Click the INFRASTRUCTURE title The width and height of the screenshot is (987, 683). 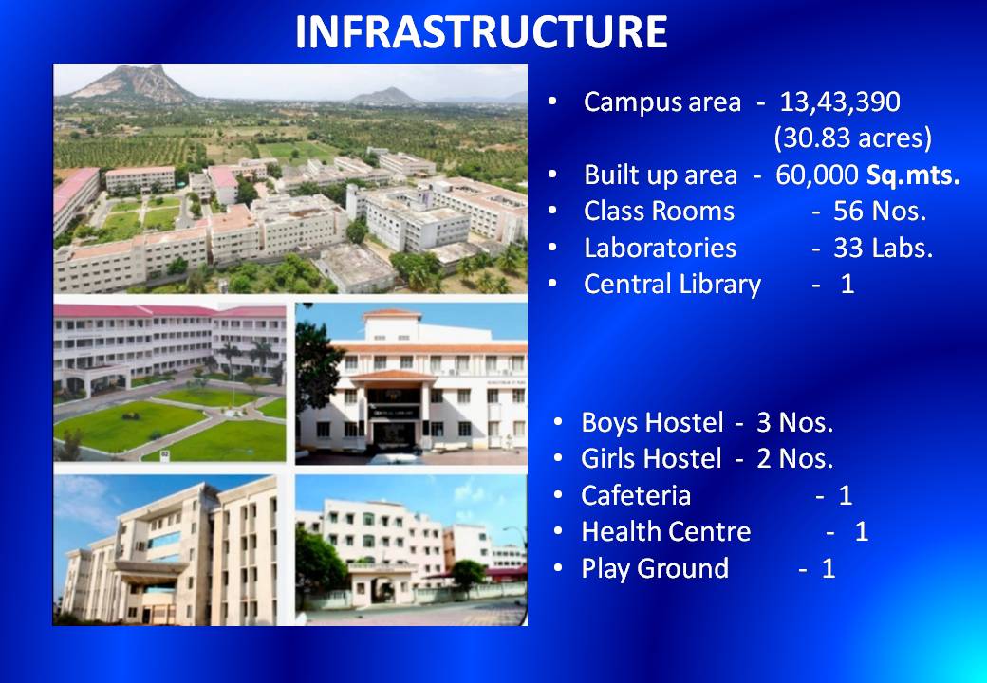click(481, 32)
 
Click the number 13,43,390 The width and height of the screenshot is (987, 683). click(840, 102)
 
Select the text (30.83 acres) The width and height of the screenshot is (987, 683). click(853, 138)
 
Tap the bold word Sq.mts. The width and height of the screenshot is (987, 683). click(913, 175)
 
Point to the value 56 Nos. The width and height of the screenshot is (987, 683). click(880, 212)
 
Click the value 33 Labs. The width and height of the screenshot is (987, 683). click(883, 248)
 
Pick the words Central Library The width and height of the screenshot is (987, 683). click(672, 285)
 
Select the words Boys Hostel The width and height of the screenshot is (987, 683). click(652, 423)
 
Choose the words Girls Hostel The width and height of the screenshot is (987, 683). click(651, 459)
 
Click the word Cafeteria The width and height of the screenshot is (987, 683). click(636, 495)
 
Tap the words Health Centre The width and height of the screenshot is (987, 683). click(666, 532)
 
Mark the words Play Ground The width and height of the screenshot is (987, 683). click(655, 569)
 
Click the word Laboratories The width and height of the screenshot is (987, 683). click(660, 248)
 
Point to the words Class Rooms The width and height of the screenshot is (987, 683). click(659, 212)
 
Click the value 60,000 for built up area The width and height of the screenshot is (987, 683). click(816, 175)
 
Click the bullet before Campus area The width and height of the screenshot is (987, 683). click(552, 102)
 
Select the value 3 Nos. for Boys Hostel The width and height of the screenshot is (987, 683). click(795, 423)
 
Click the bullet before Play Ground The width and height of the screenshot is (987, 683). click(558, 568)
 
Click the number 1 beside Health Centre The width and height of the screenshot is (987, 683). click(862, 532)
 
